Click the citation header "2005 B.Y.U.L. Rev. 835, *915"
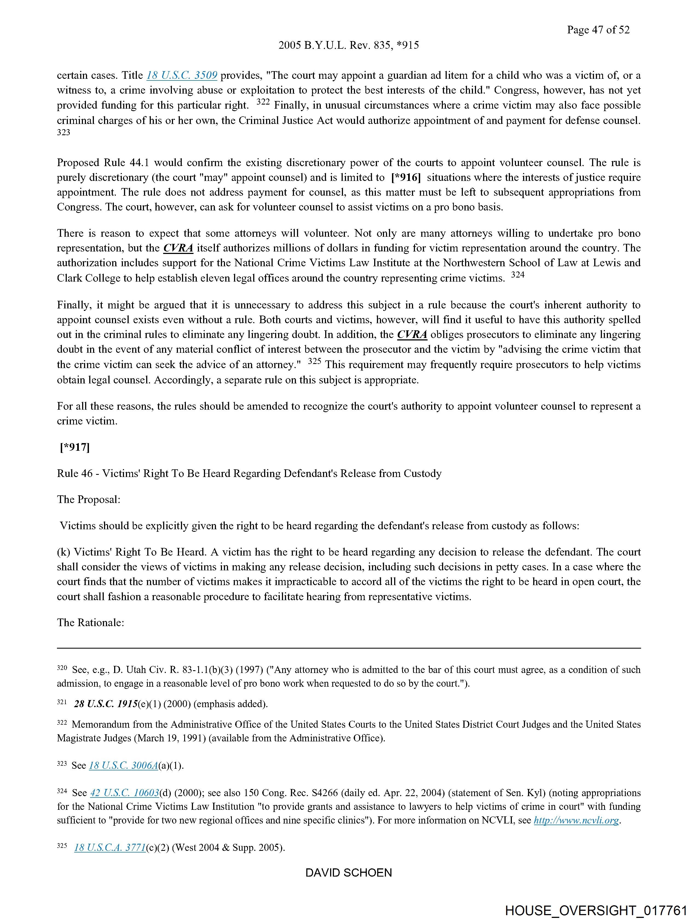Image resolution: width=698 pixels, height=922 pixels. [348, 45]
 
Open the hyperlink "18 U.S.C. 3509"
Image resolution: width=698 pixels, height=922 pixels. [182, 76]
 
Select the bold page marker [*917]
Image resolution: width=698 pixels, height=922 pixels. [75, 447]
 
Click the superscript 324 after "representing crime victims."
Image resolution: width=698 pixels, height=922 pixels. [517, 275]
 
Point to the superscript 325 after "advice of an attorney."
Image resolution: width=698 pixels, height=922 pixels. [315, 362]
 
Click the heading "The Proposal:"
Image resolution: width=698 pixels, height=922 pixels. [88, 499]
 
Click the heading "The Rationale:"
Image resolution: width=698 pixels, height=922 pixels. [91, 622]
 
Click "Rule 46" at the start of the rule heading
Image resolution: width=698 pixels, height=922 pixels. [75, 473]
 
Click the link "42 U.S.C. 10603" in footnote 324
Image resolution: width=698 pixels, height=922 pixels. [125, 793]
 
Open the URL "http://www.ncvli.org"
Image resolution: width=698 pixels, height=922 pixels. [576, 820]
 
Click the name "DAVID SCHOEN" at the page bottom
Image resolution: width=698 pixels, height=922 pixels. [348, 873]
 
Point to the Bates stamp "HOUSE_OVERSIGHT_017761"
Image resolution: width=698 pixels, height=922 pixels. [596, 910]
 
